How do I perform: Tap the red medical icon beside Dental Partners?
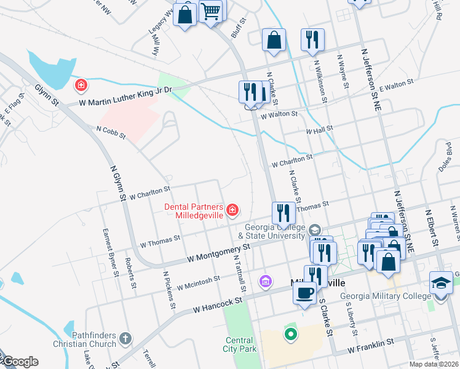click(x=232, y=210)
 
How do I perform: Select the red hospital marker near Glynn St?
click(x=80, y=84)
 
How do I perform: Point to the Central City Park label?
click(x=239, y=344)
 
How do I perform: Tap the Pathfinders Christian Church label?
click(x=84, y=339)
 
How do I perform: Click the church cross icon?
click(x=125, y=338)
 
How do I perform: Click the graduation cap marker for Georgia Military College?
click(x=441, y=282)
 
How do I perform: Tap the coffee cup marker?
click(x=304, y=293)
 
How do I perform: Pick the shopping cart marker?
click(x=211, y=10)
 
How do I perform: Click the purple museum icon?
click(x=265, y=281)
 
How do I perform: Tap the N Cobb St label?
click(x=111, y=132)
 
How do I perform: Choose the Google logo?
click(x=20, y=362)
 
